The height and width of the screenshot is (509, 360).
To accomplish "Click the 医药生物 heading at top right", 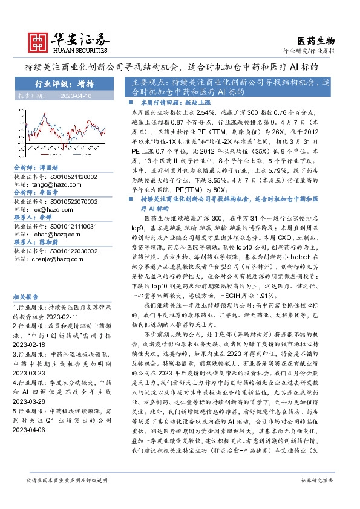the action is click(x=316, y=41).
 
